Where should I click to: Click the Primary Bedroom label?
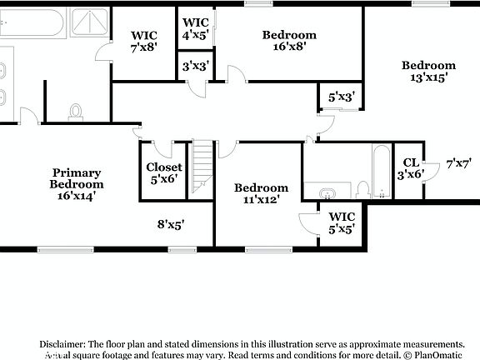(76, 178)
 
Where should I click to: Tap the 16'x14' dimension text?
(76, 196)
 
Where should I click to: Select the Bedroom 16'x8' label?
(289, 41)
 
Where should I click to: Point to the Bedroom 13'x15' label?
(428, 72)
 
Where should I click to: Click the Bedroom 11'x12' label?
(261, 193)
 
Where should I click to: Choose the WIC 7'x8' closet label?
(143, 42)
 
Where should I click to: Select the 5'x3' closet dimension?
(342, 97)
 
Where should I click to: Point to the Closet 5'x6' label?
(163, 172)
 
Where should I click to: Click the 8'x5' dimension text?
(170, 223)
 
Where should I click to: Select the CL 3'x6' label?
(410, 168)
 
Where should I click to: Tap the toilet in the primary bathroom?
(76, 112)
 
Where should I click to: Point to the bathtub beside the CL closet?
(381, 172)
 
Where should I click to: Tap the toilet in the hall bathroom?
(363, 189)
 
